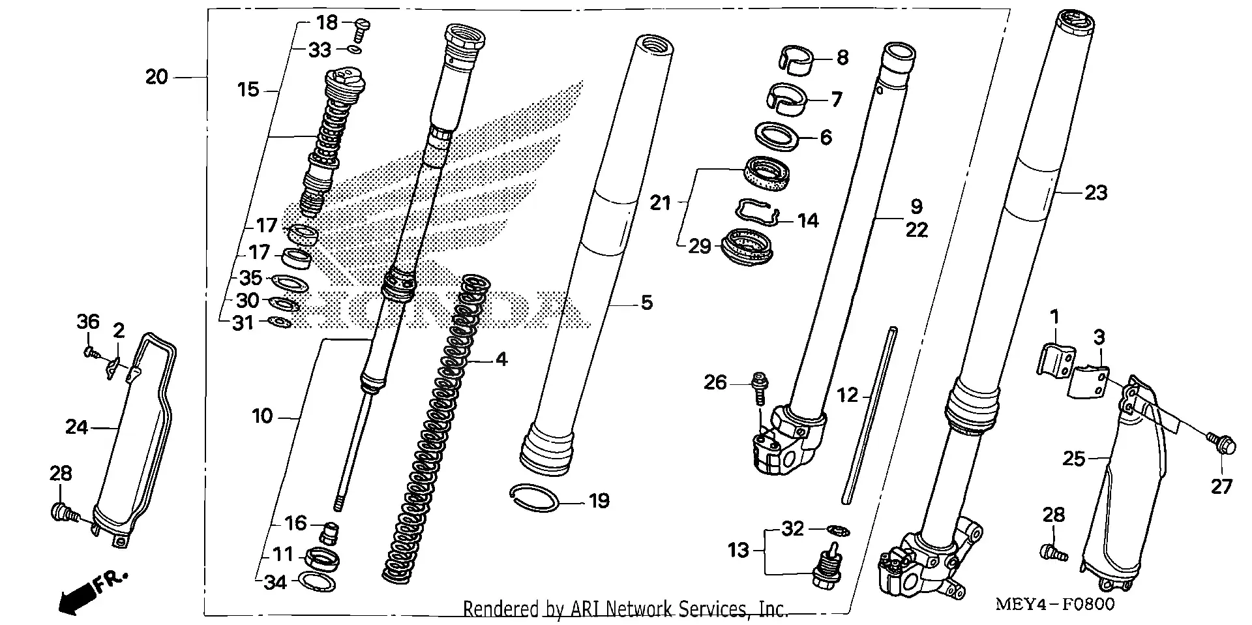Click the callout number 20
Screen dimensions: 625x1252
point(156,77)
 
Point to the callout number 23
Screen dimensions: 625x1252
point(1095,192)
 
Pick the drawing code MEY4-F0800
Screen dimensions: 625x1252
point(1054,604)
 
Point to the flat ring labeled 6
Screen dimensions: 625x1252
point(778,137)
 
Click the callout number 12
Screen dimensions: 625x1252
point(848,395)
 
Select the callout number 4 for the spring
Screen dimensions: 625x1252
point(501,359)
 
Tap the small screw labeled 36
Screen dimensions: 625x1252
point(91,353)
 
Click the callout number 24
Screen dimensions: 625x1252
point(76,427)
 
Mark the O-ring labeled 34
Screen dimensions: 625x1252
point(317,580)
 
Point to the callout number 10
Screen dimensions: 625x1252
point(262,416)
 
